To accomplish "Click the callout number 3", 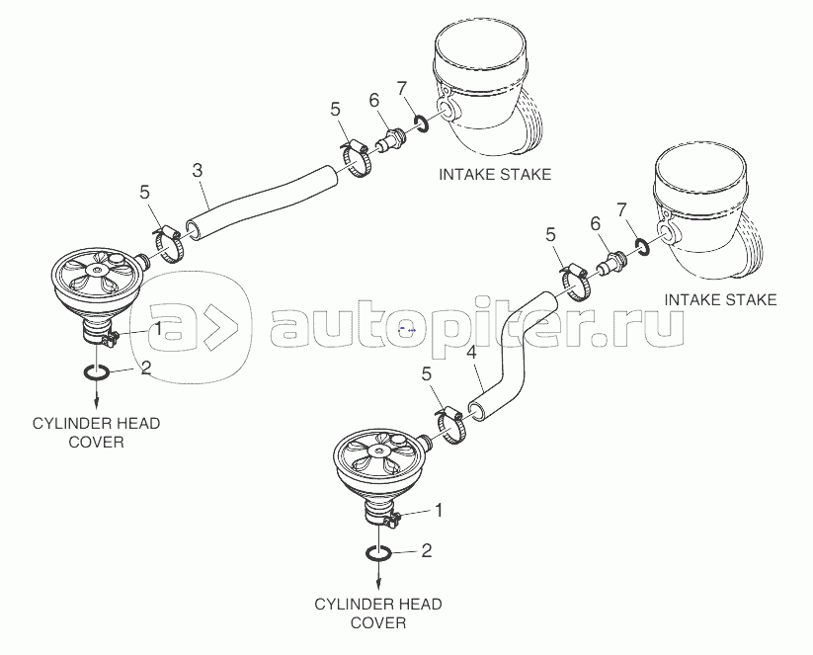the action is (x=197, y=170).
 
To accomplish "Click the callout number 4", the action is (x=471, y=353).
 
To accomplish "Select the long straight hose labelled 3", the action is (x=262, y=204).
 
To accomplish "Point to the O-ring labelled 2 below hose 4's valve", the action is (x=378, y=553).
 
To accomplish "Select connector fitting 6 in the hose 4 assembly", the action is (x=611, y=262).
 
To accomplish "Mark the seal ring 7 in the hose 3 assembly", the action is (x=421, y=123).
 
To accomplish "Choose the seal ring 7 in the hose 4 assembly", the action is (x=642, y=247).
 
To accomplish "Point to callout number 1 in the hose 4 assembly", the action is (x=439, y=511).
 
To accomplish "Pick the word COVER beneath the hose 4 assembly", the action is (x=378, y=622).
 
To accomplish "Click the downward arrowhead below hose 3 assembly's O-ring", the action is (x=96, y=405).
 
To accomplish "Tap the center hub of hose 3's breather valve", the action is (x=96, y=270).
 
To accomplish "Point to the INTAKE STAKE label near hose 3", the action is (x=495, y=174).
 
